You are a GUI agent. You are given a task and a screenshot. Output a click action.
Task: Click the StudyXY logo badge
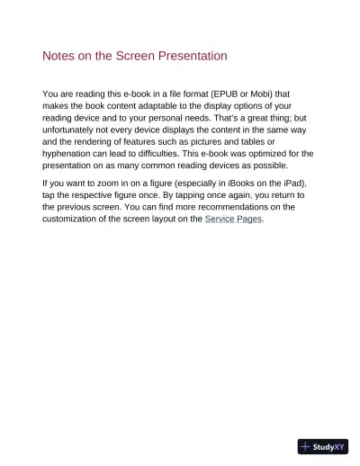322,446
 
